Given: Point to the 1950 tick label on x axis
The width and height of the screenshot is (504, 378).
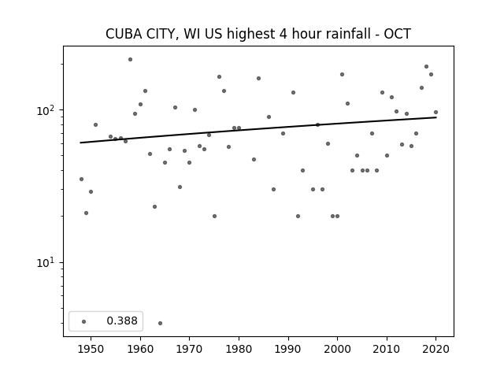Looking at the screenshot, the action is coord(91,349).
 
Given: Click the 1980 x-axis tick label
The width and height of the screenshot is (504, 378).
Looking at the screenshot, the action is coord(239,349).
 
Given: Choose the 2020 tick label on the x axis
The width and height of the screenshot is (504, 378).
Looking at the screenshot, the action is coord(435,349).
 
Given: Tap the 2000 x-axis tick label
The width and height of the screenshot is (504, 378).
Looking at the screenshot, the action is coord(337,349).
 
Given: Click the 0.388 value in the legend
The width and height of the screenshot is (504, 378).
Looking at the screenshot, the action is coord(122,321).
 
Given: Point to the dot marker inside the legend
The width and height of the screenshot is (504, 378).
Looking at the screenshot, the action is coord(84,321).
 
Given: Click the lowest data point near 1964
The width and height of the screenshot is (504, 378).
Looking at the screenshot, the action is coord(160,323).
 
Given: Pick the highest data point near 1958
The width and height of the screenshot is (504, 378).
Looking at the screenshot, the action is coord(130,60).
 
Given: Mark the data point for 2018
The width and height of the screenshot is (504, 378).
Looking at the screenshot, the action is coord(426,66).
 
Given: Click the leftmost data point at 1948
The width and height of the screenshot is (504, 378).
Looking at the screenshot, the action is coord(81,179).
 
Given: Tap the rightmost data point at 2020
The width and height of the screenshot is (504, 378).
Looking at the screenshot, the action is coord(435,112).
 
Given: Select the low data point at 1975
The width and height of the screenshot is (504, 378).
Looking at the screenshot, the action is coord(214,216).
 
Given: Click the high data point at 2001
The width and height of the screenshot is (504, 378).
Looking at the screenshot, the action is coord(342,74).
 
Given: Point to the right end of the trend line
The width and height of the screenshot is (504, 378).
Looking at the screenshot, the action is coord(436,117).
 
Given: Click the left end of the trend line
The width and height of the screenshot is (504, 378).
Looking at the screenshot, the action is coord(80,143).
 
